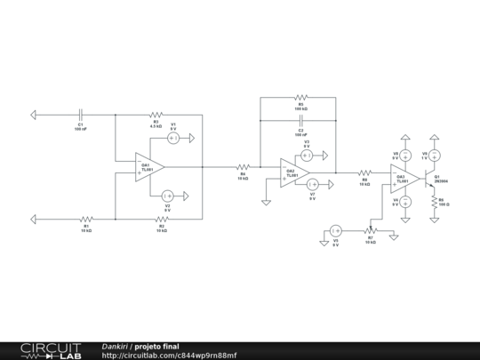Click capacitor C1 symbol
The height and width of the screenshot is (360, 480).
click(80, 114)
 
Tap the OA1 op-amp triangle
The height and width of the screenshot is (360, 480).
click(148, 166)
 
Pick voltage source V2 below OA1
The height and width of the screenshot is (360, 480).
click(167, 195)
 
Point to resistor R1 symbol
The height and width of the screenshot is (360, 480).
click(86, 218)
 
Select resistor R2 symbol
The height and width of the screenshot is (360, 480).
click(161, 218)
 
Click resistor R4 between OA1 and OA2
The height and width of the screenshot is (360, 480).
click(243, 166)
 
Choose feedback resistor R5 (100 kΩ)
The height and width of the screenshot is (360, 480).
click(300, 96)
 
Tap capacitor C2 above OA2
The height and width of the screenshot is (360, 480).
click(300, 118)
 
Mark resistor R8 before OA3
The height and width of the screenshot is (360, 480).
click(364, 172)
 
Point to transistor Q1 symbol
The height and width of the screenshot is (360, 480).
click(432, 177)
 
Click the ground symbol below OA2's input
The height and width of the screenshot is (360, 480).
click(266, 203)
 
